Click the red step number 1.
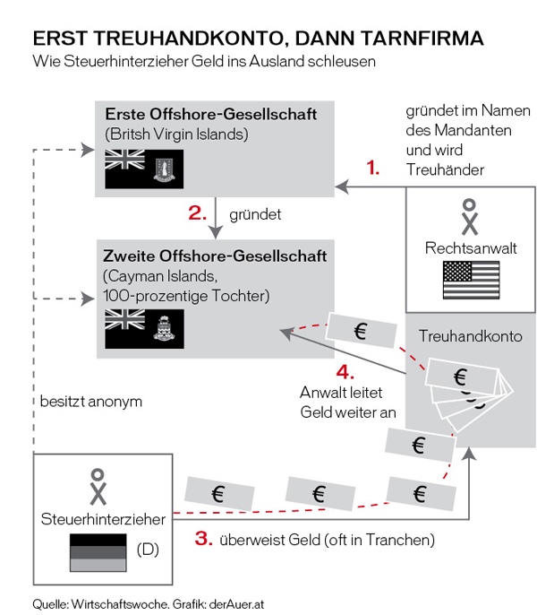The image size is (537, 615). point(373,167)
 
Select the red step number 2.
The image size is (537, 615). point(198,213)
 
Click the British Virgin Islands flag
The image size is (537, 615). point(144,169)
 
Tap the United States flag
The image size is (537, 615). point(471,281)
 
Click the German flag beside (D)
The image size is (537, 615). point(95,550)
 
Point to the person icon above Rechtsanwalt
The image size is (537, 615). point(470,217)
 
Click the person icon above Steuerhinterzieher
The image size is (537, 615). point(97,486)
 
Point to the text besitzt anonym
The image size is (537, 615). point(90,402)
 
